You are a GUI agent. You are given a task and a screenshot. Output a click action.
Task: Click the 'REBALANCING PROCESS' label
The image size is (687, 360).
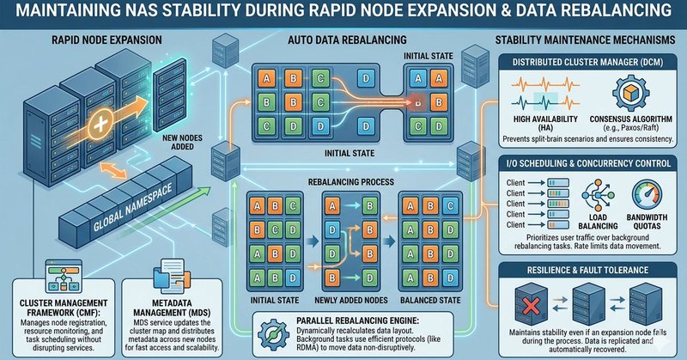coord(352,183)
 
